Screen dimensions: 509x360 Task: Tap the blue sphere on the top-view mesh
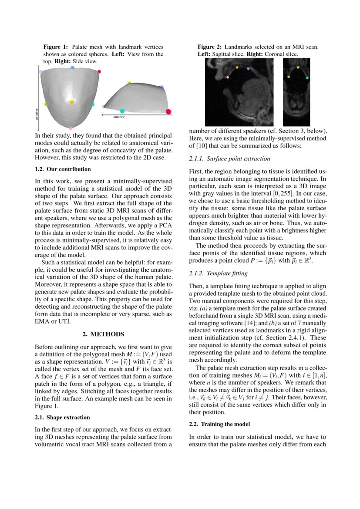pos(72,68)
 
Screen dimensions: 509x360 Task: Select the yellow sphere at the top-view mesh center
pos(72,102)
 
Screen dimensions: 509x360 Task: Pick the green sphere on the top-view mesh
pos(46,104)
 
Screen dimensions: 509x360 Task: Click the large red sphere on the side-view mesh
pos(168,112)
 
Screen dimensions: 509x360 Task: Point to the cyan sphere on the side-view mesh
pos(122,111)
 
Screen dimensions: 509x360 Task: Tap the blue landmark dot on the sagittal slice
pos(248,69)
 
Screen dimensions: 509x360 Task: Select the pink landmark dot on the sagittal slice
pos(228,77)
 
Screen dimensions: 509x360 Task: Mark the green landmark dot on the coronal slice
pos(289,77)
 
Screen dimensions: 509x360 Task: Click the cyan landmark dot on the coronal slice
pos(307,78)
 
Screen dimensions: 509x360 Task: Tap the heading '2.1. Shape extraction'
pos(62,417)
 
